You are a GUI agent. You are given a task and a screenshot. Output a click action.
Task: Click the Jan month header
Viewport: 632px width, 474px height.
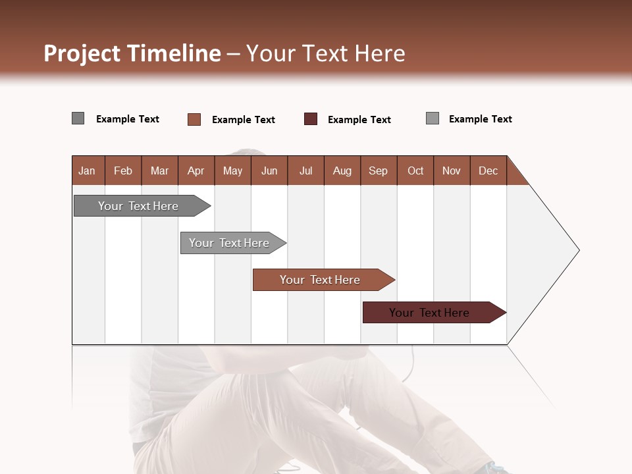pyautogui.click(x=87, y=171)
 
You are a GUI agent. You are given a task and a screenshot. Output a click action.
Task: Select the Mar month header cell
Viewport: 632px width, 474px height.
pyautogui.click(x=159, y=171)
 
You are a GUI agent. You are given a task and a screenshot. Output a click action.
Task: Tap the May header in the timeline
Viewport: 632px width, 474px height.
pyautogui.click(x=232, y=171)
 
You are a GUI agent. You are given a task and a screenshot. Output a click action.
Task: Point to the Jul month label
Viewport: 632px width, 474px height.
pyautogui.click(x=305, y=171)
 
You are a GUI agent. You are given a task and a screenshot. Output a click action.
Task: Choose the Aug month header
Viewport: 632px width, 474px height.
pyautogui.click(x=342, y=171)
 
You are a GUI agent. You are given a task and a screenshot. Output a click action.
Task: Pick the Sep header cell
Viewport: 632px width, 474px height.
pyautogui.click(x=378, y=171)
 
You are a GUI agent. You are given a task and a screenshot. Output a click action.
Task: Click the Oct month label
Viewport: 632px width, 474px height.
pyautogui.click(x=415, y=171)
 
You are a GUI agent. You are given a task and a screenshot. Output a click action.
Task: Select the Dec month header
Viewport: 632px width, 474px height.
pyautogui.click(x=488, y=171)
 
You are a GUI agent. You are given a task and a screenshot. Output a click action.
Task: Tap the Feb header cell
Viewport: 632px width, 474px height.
pyautogui.click(x=123, y=171)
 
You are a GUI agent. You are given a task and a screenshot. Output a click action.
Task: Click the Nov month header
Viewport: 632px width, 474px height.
pyautogui.click(x=451, y=171)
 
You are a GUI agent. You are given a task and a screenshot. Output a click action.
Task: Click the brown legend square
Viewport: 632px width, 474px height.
pyautogui.click(x=194, y=119)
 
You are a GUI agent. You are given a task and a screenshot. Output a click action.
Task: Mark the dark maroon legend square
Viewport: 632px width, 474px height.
pyautogui.click(x=311, y=119)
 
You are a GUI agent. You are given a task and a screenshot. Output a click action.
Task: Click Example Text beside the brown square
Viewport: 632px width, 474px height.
pyautogui.click(x=244, y=120)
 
